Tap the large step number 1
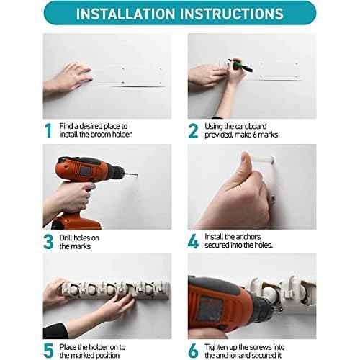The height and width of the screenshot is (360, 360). [48, 130]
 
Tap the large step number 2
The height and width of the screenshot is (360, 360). [193, 130]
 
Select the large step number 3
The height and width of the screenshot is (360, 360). [48, 240]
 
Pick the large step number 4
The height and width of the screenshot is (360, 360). [193, 240]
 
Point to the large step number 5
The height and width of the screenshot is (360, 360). [48, 350]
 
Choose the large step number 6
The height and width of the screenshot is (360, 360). [193, 350]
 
